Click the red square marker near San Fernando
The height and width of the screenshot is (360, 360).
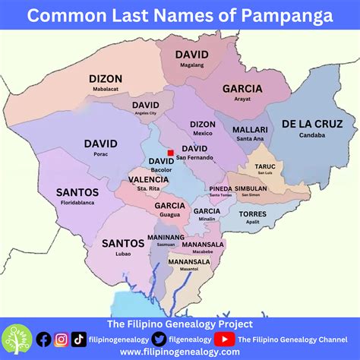click(171, 153)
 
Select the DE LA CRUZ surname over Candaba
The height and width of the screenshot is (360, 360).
click(311, 124)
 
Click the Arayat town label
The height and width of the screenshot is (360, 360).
click(243, 100)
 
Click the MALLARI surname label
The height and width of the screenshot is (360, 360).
click(250, 129)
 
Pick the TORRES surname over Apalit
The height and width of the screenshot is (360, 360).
click(253, 215)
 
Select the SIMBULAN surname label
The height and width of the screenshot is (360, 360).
click(250, 188)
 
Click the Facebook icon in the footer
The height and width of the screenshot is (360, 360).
click(44, 339)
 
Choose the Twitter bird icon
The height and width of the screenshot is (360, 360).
click(159, 339)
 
